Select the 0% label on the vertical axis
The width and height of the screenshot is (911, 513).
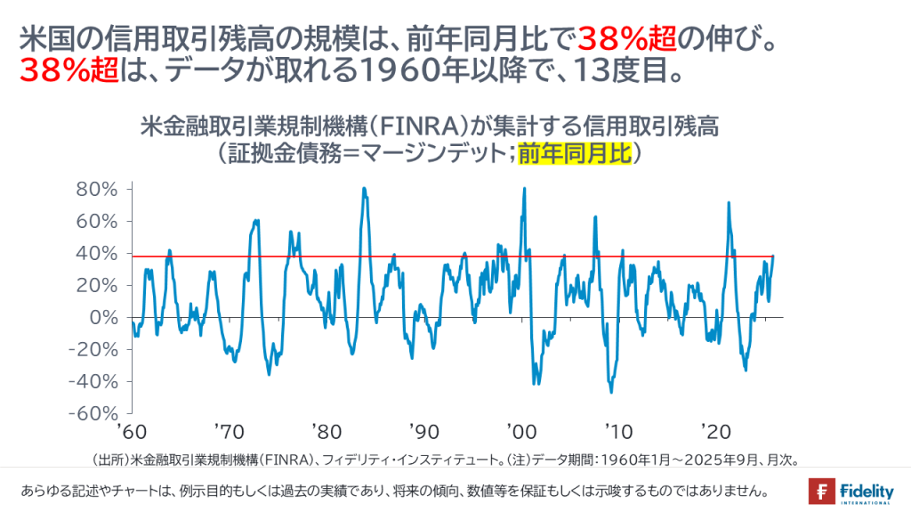point(106,317)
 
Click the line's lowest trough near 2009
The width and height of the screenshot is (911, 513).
point(611,392)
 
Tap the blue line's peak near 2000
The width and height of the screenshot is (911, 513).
point(524,189)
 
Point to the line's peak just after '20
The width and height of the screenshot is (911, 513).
point(730,203)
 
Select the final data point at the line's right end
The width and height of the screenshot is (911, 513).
point(773,256)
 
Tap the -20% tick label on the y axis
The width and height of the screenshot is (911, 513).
point(96,349)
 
